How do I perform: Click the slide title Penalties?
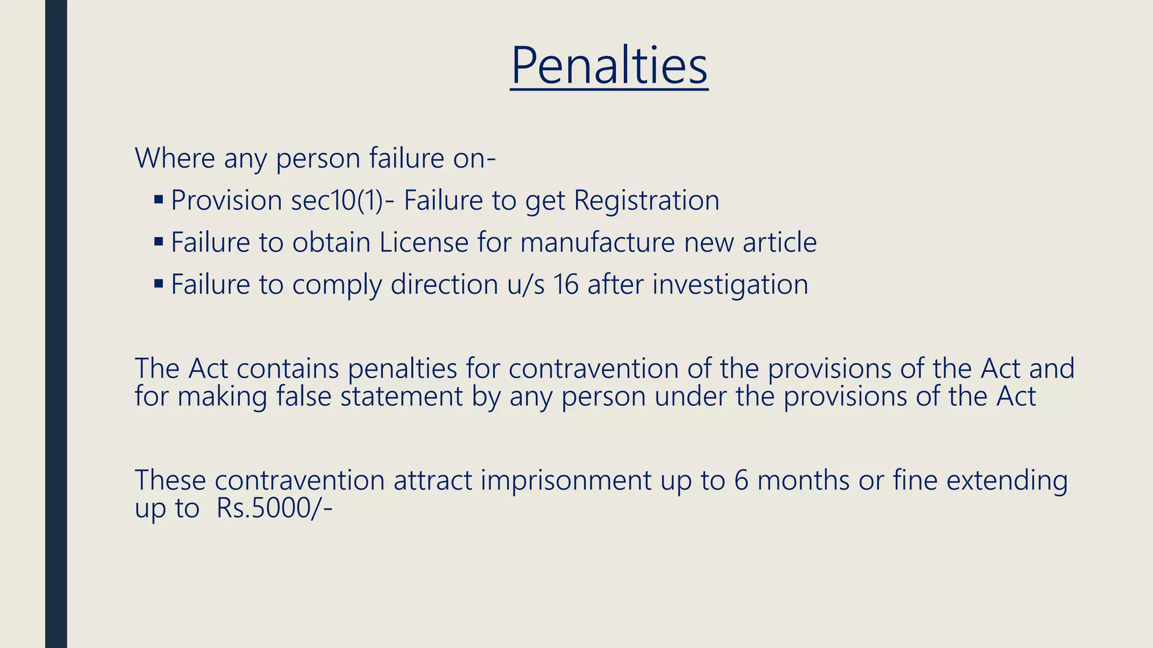pyautogui.click(x=609, y=66)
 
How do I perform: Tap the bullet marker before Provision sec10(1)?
pyautogui.click(x=158, y=199)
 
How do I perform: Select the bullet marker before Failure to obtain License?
pyautogui.click(x=158, y=241)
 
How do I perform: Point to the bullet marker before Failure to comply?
pyautogui.click(x=158, y=283)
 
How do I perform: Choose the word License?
pyautogui.click(x=423, y=242)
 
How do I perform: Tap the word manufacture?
pyautogui.click(x=597, y=242)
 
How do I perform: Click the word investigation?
pyautogui.click(x=730, y=285)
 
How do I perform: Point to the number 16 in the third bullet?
pyautogui.click(x=566, y=285)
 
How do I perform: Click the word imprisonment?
pyautogui.click(x=566, y=481)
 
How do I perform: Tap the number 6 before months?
pyautogui.click(x=741, y=481)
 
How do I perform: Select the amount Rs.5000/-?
pyautogui.click(x=274, y=508)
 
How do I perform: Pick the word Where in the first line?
pyautogui.click(x=175, y=158)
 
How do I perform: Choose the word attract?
pyautogui.click(x=432, y=481)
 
